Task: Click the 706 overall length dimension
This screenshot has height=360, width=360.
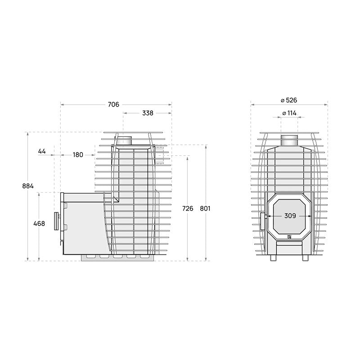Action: [x=114, y=104]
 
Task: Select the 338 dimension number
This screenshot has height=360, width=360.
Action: [x=148, y=113]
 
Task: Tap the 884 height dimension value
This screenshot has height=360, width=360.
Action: [x=28, y=186]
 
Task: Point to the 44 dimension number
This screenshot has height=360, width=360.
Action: [x=42, y=151]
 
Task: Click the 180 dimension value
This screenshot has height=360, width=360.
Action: [x=78, y=155]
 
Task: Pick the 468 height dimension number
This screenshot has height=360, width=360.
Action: [x=39, y=223]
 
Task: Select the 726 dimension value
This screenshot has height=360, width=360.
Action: [x=188, y=208]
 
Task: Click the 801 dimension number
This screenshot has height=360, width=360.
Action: [x=205, y=208]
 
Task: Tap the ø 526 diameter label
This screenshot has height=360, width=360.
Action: [x=289, y=100]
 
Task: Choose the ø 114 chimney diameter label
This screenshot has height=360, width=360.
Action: [x=289, y=113]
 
